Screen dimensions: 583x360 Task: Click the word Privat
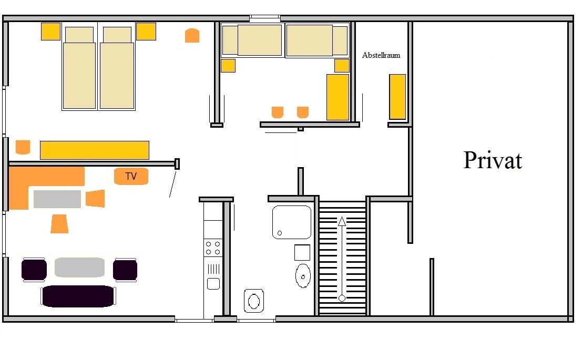pyautogui.click(x=493, y=160)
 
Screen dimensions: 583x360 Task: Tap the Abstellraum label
pyautogui.click(x=381, y=55)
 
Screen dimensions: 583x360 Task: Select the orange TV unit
pyautogui.click(x=131, y=176)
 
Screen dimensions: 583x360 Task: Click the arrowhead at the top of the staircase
pyautogui.click(x=342, y=221)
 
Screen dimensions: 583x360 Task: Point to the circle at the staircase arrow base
pyautogui.click(x=342, y=298)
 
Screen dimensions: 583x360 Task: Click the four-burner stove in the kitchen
pyautogui.click(x=213, y=248)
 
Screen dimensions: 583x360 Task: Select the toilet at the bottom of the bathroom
pyautogui.click(x=254, y=301)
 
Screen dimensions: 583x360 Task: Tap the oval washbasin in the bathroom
pyautogui.click(x=303, y=276)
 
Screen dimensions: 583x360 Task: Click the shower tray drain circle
pyautogui.click(x=280, y=233)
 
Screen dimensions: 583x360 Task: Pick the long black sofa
pyautogui.click(x=78, y=296)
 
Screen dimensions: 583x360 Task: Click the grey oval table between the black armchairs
pyautogui.click(x=79, y=268)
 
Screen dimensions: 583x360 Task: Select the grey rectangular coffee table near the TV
pyautogui.click(x=57, y=199)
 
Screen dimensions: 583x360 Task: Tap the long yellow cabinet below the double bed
pyautogui.click(x=95, y=150)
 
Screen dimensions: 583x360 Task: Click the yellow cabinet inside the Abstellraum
pyautogui.click(x=397, y=97)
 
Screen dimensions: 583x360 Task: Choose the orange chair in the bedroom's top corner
pyautogui.click(x=192, y=36)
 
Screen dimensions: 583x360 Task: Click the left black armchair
pyautogui.click(x=34, y=270)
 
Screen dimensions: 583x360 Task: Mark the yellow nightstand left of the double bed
pyautogui.click(x=50, y=32)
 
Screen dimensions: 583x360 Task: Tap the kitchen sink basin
pyautogui.click(x=213, y=284)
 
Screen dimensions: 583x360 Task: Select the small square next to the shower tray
pyautogui.click(x=302, y=253)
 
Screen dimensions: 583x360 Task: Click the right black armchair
pyautogui.click(x=125, y=270)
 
